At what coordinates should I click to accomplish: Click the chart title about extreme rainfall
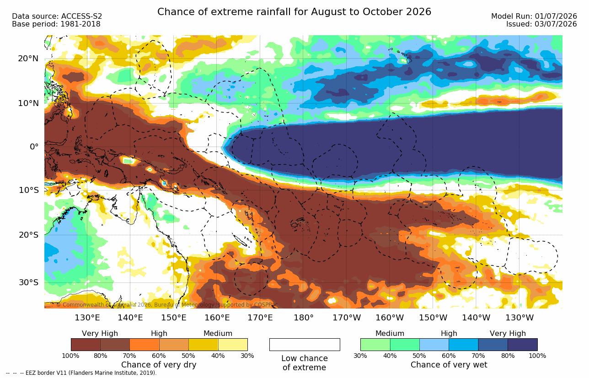tap(294, 12)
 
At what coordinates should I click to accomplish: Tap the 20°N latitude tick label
tap(28, 59)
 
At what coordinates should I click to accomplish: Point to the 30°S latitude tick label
tap(29, 282)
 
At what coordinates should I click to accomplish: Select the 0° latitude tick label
tap(34, 147)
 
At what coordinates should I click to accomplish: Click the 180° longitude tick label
tap(304, 318)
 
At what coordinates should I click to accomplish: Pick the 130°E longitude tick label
tap(87, 318)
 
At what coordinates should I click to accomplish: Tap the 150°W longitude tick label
tap(433, 318)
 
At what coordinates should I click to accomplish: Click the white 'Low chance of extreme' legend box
tap(305, 344)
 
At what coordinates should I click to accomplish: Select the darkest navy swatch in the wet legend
tap(523, 344)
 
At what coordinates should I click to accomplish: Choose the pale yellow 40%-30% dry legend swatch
tap(233, 344)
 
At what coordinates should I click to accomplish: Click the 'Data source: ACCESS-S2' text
tap(57, 16)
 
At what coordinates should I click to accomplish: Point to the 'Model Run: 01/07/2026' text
tap(534, 16)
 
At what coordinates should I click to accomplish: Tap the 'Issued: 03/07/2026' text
tap(541, 24)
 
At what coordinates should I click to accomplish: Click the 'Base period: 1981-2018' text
tap(56, 24)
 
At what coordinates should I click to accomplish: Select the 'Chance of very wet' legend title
tap(449, 365)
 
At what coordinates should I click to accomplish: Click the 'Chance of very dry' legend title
tap(159, 365)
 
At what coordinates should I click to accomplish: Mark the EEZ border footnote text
tap(81, 373)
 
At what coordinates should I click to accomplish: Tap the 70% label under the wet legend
tap(478, 356)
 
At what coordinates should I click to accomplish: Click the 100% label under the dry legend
tap(70, 356)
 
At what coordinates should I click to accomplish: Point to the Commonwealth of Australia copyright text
tap(167, 305)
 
